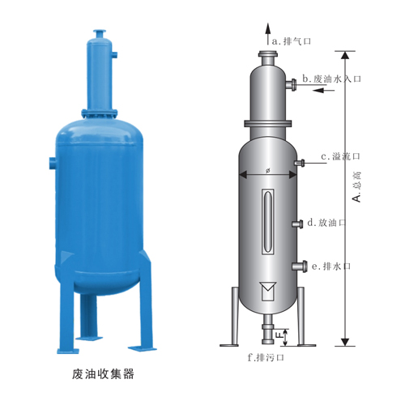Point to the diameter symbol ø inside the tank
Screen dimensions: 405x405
pyautogui.click(x=267, y=170)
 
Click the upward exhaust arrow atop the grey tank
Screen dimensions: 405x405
pyautogui.click(x=266, y=34)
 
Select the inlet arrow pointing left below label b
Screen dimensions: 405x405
pyautogui.click(x=321, y=91)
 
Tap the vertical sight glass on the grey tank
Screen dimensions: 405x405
pyautogui.click(x=267, y=223)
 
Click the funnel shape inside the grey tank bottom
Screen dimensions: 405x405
pyautogui.click(x=266, y=289)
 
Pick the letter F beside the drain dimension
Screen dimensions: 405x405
pyautogui.click(x=279, y=333)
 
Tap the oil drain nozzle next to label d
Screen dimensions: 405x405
pyautogui.click(x=297, y=223)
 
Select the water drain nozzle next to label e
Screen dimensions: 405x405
pyautogui.click(x=297, y=266)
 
